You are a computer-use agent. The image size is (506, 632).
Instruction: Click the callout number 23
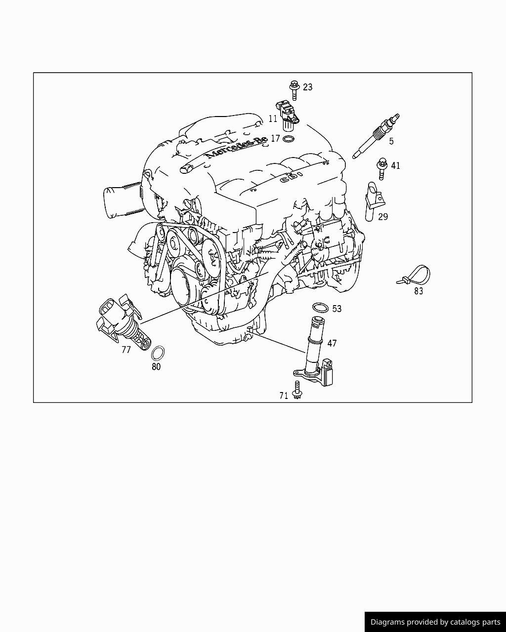click(307, 87)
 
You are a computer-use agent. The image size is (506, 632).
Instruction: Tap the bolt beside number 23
click(294, 90)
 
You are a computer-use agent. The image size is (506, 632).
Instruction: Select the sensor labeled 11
click(287, 116)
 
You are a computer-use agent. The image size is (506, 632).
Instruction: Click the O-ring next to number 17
click(289, 139)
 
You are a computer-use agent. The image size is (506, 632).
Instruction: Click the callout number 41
click(395, 166)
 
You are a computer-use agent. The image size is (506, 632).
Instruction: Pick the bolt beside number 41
click(381, 168)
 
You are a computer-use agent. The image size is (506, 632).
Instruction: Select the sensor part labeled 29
click(374, 201)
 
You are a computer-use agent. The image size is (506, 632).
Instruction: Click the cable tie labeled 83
click(415, 276)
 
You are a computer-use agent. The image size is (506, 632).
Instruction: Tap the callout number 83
click(419, 291)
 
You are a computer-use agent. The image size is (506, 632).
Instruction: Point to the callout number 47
click(332, 343)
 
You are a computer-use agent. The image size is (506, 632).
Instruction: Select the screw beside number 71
click(297, 390)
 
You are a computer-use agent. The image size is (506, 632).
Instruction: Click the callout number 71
click(284, 396)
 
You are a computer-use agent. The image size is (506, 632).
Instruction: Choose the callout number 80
click(156, 367)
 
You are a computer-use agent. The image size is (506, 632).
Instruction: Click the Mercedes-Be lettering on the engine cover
click(236, 148)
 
